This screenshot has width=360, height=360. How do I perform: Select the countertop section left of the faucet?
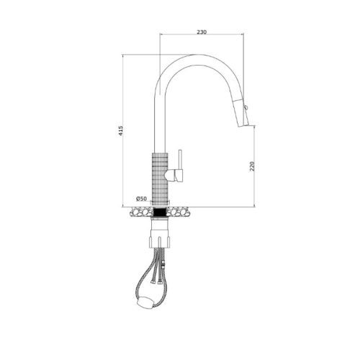click(x=137, y=212)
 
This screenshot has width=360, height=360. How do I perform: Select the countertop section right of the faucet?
click(x=181, y=212)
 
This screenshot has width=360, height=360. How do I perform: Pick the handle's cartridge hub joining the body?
click(x=173, y=174)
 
